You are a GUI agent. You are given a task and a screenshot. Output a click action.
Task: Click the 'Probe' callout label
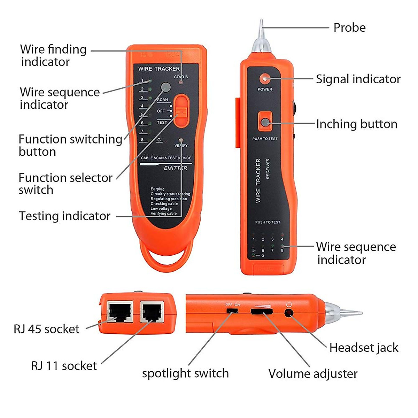click(x=349, y=28)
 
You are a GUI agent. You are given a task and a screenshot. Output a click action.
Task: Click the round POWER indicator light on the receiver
click(x=265, y=78)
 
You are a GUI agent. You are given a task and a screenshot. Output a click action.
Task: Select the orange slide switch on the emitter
click(x=181, y=110)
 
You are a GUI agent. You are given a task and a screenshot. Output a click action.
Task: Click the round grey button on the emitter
click(x=166, y=87)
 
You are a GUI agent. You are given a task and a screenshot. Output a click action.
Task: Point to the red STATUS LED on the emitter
click(x=181, y=82)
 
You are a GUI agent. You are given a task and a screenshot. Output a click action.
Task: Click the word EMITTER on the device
click(x=176, y=168)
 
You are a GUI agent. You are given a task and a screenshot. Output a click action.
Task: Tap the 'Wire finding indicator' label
click(x=53, y=55)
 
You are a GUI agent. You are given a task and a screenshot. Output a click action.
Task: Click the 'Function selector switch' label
click(x=65, y=184)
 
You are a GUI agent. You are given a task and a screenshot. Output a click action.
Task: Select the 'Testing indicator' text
click(x=64, y=216)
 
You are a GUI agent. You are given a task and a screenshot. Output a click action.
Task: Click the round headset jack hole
click(x=289, y=312)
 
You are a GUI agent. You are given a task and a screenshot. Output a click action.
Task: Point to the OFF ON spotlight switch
click(x=232, y=310)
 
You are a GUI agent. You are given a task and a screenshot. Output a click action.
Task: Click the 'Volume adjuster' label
click(x=312, y=374)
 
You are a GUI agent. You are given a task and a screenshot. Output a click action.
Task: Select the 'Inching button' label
click(x=356, y=124)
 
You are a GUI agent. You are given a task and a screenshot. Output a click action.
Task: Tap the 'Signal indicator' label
click(x=358, y=79)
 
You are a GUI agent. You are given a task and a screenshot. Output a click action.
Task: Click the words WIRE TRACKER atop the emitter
click(x=159, y=69)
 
